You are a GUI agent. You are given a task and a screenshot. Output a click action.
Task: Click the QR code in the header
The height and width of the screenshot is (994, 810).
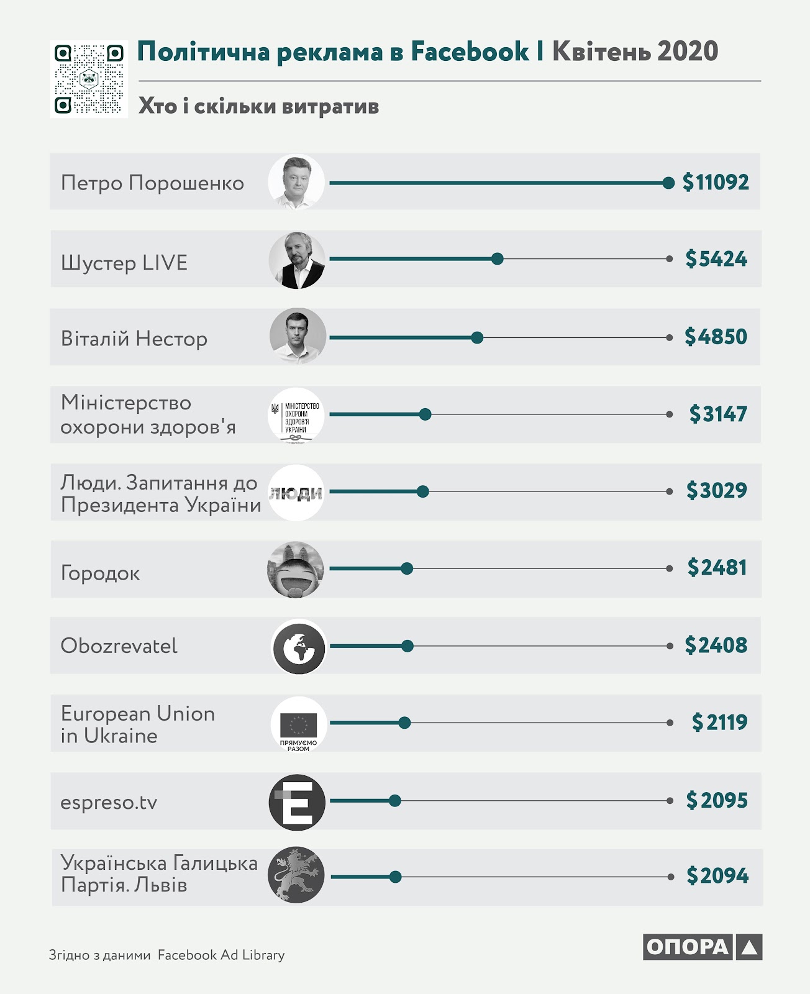89,79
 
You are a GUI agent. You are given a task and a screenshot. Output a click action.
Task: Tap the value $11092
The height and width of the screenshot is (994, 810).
716,182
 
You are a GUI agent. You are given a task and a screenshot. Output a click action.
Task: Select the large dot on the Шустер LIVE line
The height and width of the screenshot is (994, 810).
498,258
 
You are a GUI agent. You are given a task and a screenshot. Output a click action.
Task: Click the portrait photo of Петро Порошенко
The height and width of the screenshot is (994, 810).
296,182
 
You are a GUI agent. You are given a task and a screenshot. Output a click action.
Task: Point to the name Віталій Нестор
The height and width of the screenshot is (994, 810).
134,339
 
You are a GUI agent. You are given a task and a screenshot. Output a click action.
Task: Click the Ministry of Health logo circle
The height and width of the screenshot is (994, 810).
296,415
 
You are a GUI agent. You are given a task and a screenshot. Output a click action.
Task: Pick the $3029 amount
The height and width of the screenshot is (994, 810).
717,490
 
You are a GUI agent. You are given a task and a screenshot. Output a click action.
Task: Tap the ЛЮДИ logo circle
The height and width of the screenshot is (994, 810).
296,493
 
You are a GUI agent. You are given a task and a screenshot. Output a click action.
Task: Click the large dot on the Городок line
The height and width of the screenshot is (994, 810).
407,568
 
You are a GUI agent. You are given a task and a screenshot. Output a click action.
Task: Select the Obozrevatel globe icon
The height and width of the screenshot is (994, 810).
299,646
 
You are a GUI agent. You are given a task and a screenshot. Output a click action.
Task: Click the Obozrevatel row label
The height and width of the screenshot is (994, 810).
119,646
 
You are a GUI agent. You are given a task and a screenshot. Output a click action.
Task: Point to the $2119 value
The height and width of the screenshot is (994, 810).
719,723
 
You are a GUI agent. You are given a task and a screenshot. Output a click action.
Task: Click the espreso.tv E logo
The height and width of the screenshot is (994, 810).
297,802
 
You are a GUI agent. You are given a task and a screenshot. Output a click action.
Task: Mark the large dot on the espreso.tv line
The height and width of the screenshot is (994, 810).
394,801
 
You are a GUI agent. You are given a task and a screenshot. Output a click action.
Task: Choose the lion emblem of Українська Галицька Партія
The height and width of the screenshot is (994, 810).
296,875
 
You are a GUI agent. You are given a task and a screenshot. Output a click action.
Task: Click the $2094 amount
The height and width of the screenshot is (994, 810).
717,875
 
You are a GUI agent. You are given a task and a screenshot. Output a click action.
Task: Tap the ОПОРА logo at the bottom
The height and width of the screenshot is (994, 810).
703,947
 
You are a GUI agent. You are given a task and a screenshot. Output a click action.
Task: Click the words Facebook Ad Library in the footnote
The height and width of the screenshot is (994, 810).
221,955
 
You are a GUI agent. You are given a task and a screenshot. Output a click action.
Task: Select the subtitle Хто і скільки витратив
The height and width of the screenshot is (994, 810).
258,106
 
